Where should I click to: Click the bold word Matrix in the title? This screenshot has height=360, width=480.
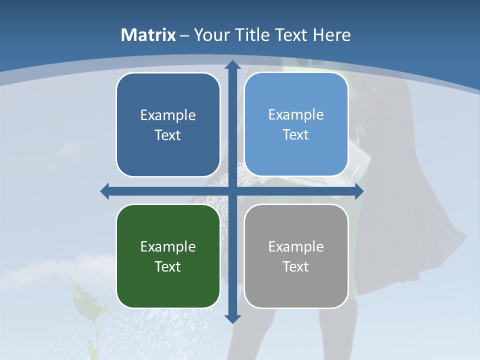click(x=148, y=35)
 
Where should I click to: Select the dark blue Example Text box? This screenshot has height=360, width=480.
click(x=168, y=124)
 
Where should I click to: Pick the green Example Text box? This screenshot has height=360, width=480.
click(x=168, y=256)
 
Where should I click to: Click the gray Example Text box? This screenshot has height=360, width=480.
click(x=296, y=256)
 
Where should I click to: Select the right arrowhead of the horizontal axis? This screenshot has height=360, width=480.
click(x=358, y=191)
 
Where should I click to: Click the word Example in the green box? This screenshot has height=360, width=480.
click(x=168, y=246)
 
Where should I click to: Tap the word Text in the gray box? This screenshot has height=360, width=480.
click(x=296, y=266)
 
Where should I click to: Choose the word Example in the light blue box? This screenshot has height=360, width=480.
click(x=296, y=114)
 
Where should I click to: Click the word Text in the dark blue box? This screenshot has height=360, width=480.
click(x=168, y=135)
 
